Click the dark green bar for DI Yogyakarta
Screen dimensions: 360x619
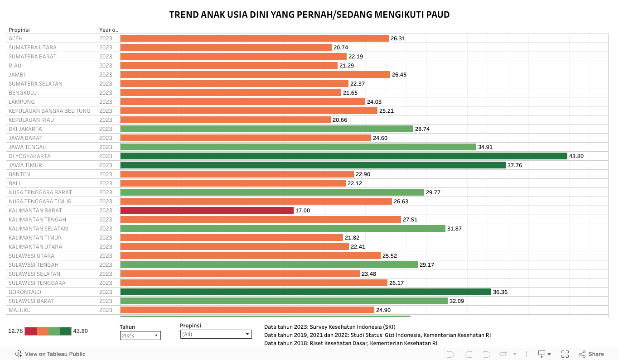[343, 156]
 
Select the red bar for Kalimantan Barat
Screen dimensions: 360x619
[207, 211]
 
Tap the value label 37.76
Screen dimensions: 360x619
[515, 165]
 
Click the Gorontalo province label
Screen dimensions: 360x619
[25, 292]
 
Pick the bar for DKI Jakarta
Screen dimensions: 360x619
[266, 129]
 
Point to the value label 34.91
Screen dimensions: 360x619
[485, 147]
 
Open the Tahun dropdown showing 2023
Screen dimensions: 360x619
[140, 336]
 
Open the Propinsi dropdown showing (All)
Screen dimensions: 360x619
[215, 334]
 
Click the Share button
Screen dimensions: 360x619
[591, 354]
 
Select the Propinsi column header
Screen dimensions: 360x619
[19, 30]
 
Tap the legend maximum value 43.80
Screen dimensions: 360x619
[80, 331]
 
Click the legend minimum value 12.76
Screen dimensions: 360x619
[15, 331]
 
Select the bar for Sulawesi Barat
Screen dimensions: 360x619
[284, 301]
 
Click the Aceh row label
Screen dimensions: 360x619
[15, 38]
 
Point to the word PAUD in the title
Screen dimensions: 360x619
[438, 14]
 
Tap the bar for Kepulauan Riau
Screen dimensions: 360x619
[225, 120]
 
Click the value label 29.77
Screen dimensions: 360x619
[433, 192]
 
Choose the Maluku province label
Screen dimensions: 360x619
[19, 310]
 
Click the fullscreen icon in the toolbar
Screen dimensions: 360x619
[565, 354]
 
